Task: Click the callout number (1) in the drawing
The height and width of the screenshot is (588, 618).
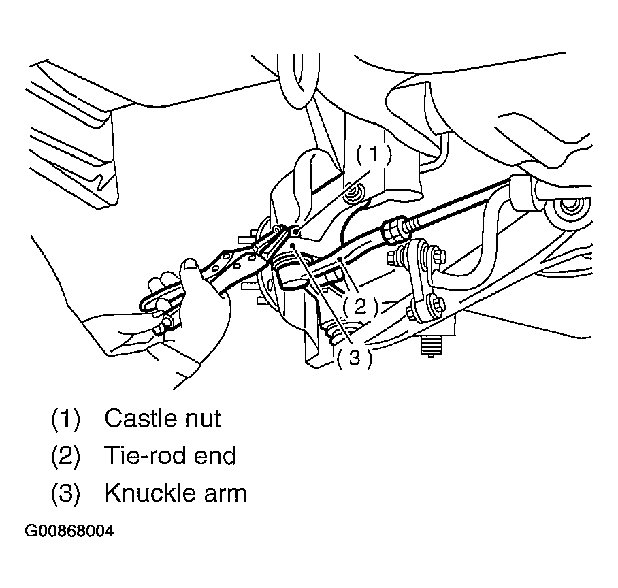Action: tap(373, 154)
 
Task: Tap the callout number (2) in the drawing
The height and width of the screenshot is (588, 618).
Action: tap(360, 306)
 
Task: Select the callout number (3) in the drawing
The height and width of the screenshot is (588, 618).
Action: tap(355, 358)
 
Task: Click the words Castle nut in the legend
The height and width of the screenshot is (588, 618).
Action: tap(162, 418)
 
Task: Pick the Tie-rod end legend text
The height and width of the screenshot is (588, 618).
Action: tap(170, 455)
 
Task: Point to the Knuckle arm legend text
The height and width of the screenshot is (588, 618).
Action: tap(176, 493)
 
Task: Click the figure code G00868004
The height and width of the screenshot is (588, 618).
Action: tap(69, 531)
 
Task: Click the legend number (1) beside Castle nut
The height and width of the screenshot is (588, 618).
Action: tap(65, 418)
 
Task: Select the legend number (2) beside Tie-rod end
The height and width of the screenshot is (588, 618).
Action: tap(65, 455)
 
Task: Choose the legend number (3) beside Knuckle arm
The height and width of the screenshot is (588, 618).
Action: tap(65, 493)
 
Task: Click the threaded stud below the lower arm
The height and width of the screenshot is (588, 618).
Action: tap(432, 346)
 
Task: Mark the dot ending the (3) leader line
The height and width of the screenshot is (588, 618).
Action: tap(293, 246)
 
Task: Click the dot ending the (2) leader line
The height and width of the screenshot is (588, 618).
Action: tap(340, 259)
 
